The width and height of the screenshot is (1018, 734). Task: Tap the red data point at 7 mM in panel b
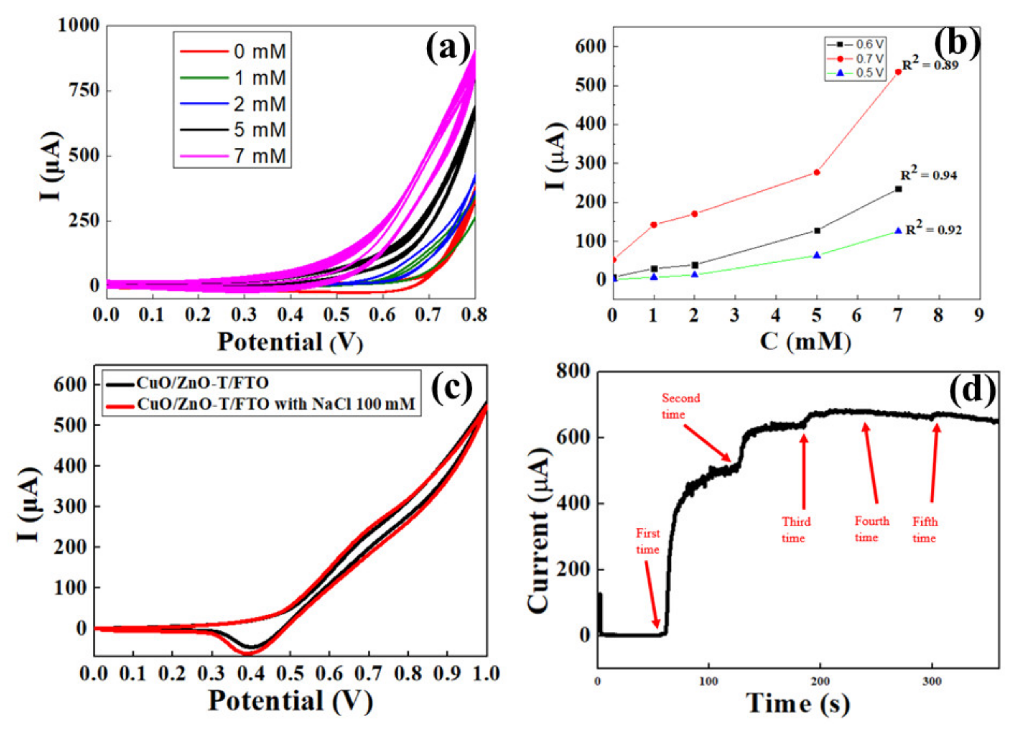point(898,72)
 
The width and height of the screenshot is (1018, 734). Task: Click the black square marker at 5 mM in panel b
point(817,231)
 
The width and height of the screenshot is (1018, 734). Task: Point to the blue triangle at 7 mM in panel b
point(898,231)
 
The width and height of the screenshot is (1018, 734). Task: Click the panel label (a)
point(448,47)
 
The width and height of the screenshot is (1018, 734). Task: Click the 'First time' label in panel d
point(647,541)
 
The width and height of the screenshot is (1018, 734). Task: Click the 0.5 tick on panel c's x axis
point(290,673)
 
